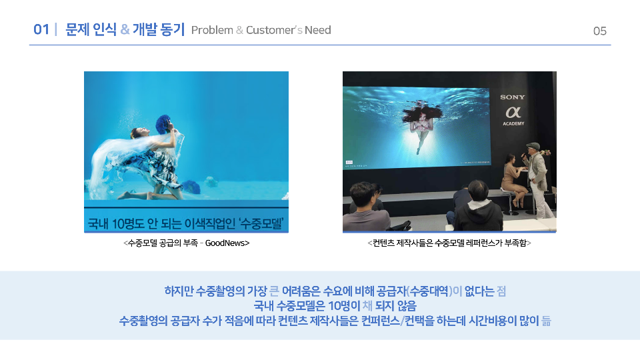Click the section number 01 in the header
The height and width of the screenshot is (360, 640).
click(x=41, y=29)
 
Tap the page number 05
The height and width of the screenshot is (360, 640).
click(x=599, y=31)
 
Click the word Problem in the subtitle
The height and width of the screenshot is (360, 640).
click(x=212, y=30)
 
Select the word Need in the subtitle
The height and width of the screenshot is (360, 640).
click(x=317, y=30)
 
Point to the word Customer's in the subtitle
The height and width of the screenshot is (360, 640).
click(x=274, y=30)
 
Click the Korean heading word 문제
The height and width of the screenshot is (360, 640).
click(x=77, y=29)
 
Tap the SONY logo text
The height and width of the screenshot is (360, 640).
click(x=512, y=97)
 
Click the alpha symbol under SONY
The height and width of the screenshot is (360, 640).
click(x=513, y=112)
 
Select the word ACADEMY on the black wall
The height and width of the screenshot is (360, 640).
click(x=513, y=124)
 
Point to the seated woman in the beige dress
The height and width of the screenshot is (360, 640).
click(x=512, y=179)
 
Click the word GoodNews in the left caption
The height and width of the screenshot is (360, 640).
click(x=225, y=243)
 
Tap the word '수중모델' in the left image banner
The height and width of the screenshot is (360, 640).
click(x=261, y=223)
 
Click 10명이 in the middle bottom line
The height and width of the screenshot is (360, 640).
click(x=344, y=306)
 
